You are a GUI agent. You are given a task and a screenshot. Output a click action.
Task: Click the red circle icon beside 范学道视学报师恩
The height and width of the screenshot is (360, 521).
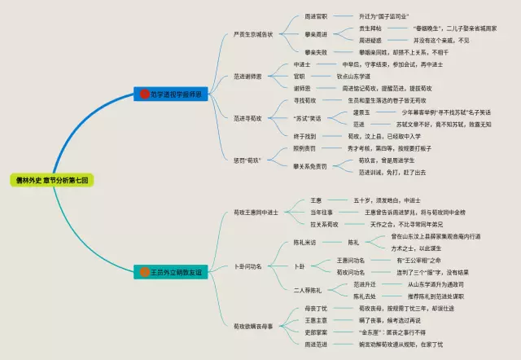click(144, 94)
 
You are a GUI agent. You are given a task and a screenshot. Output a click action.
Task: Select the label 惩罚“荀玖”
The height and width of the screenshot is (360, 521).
click(247, 159)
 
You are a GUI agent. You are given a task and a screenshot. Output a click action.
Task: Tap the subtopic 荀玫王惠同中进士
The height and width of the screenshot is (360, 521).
click(255, 212)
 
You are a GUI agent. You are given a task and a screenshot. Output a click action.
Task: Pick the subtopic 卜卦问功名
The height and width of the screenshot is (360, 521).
click(247, 266)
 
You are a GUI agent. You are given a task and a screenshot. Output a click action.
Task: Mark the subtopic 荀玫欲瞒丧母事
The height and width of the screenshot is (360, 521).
click(255, 326)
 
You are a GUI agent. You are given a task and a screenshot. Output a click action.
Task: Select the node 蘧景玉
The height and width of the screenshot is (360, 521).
click(359, 112)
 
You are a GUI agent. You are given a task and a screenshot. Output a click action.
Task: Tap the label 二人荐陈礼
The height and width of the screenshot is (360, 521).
click(307, 290)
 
